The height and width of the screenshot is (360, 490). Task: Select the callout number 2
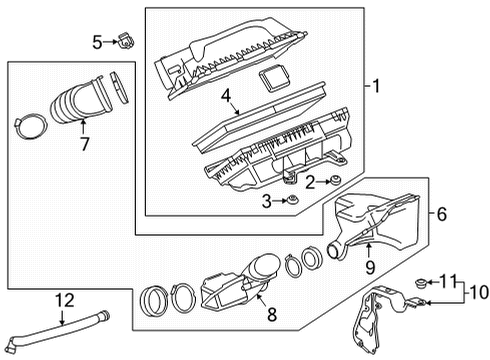click(311, 180)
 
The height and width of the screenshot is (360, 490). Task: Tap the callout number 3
click(267, 202)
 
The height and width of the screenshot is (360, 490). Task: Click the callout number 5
click(97, 41)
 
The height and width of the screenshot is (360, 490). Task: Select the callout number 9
click(369, 267)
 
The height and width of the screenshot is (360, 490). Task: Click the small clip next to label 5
click(125, 41)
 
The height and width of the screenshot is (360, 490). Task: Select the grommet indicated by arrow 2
click(336, 180)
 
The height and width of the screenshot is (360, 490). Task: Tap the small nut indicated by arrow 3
click(291, 202)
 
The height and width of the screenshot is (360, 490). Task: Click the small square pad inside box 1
click(270, 79)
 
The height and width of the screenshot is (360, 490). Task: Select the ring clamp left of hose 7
click(31, 127)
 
